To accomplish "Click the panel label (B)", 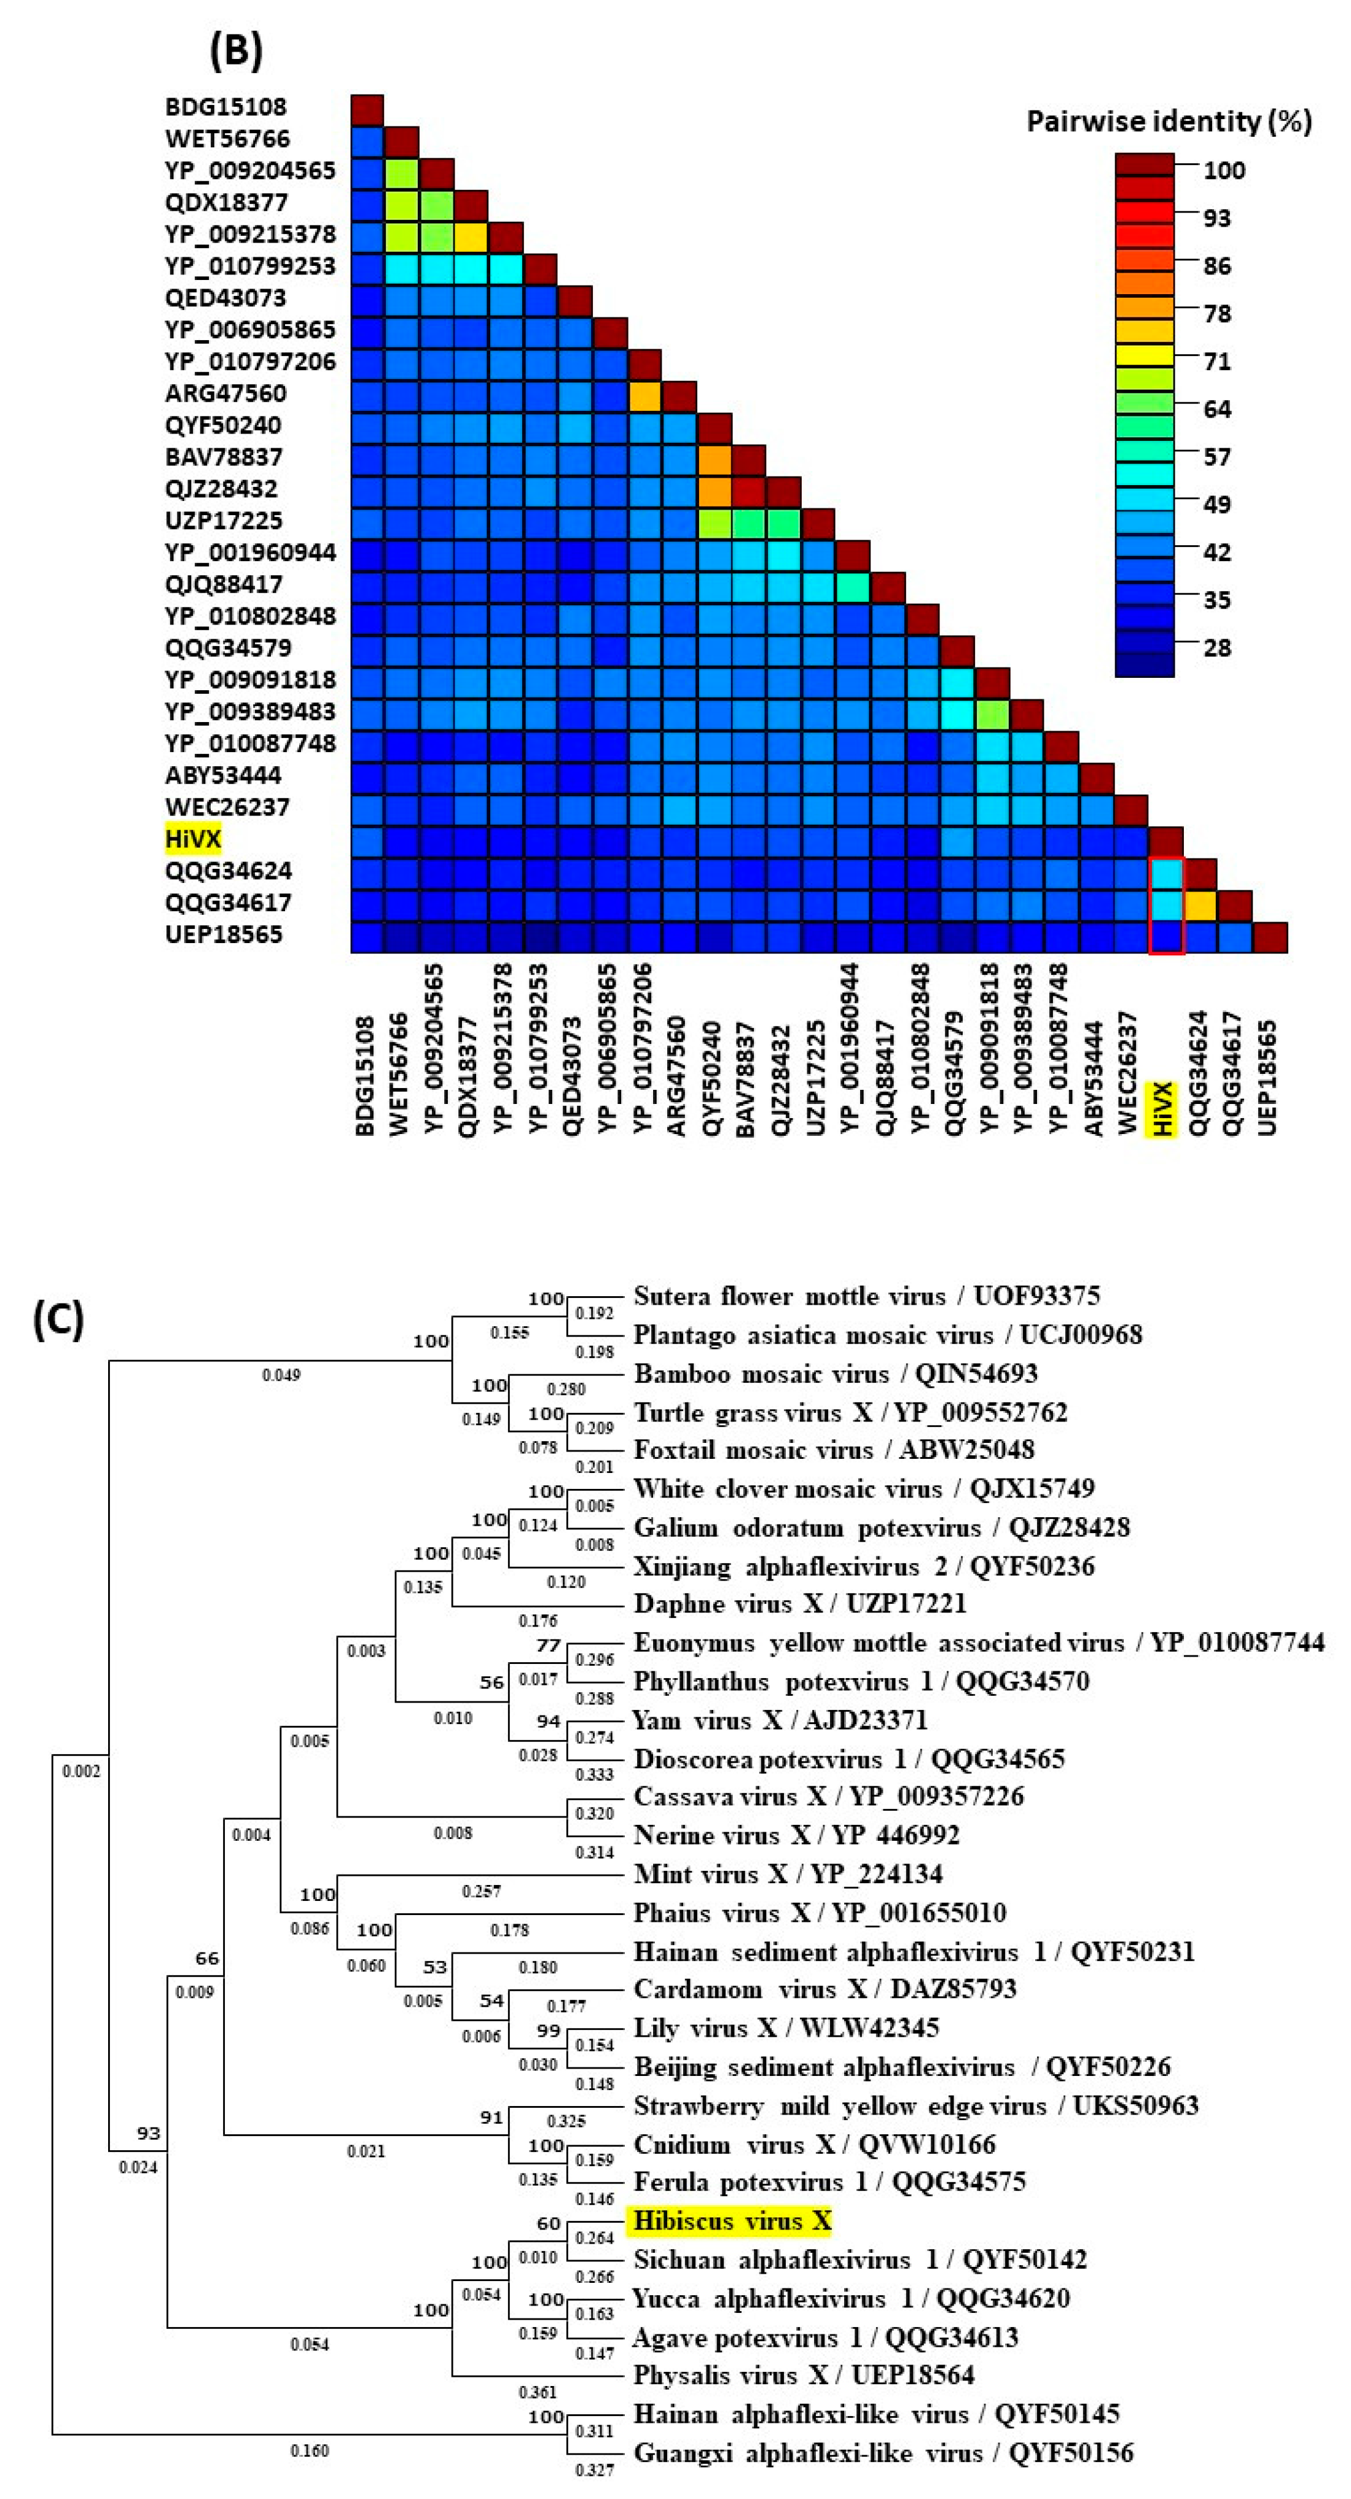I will click(236, 50).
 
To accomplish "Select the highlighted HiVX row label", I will click(193, 838).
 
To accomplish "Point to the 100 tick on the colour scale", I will click(1224, 171).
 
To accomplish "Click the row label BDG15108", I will click(225, 107).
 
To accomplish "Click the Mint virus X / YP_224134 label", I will click(787, 1873).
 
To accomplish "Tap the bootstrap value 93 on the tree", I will click(147, 2133).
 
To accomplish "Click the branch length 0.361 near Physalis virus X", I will click(537, 2392).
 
